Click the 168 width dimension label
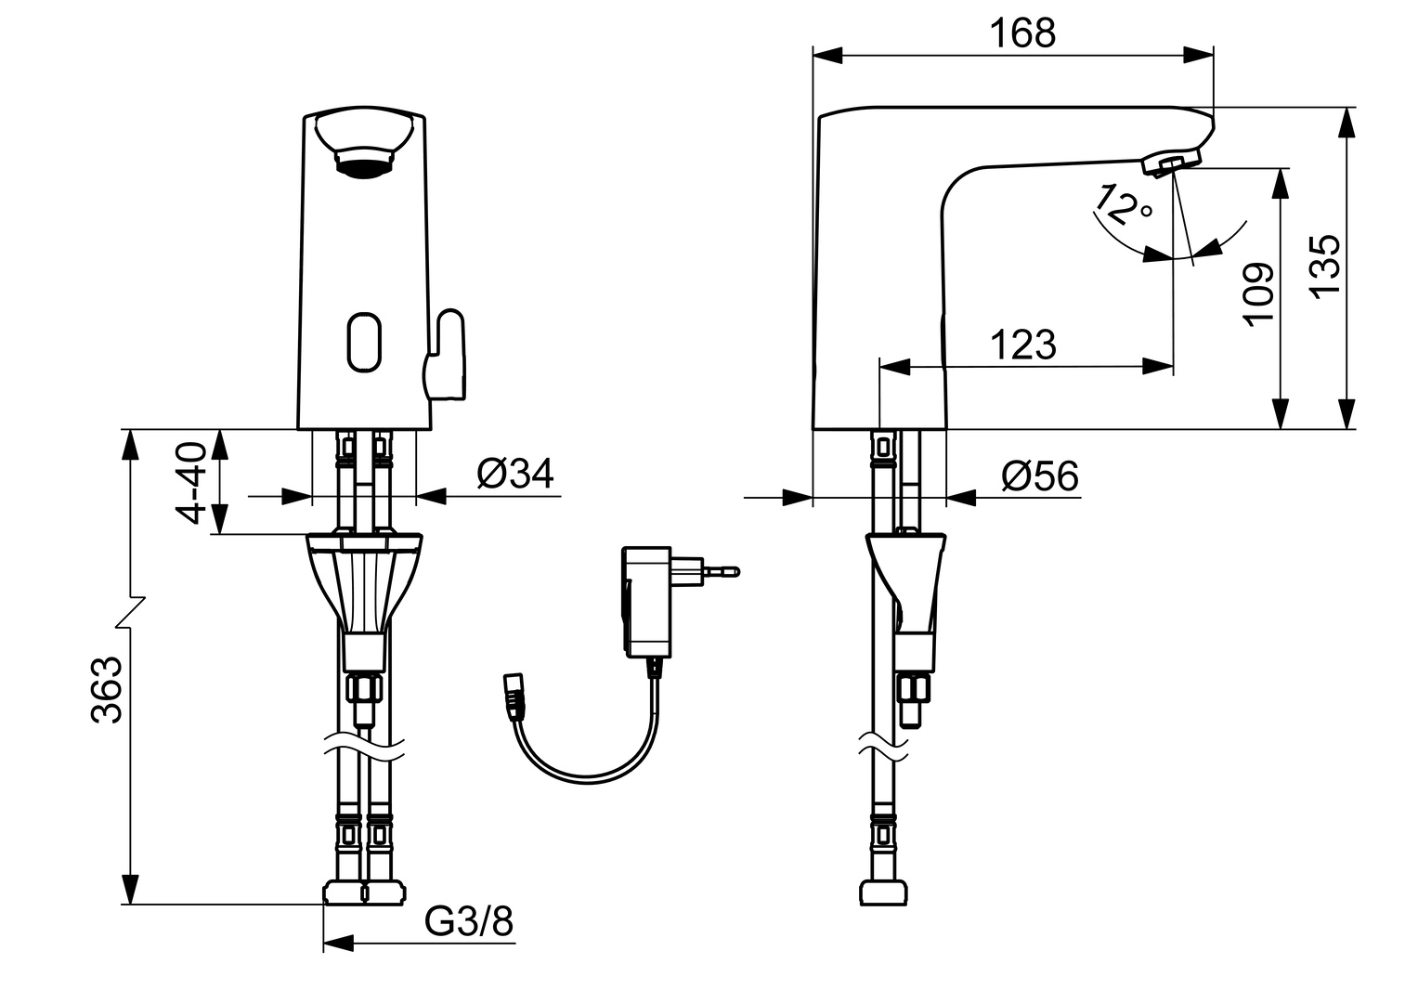1021,33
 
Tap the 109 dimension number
1259,293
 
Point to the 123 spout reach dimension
1022,345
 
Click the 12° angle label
1121,206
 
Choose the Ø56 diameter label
1040,477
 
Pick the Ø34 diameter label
514,474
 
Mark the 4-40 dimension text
190,482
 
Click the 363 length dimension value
108,689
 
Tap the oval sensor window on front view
365,343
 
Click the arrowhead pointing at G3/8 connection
339,944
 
